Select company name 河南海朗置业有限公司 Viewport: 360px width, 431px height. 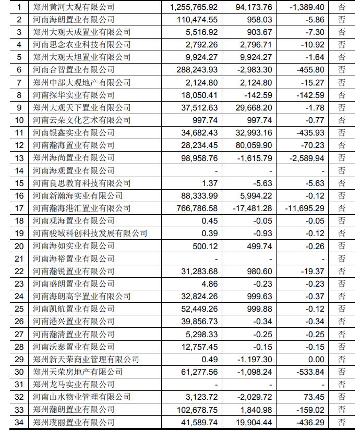pyautogui.click(x=74, y=20)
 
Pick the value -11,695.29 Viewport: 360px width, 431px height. pyautogui.click(x=304, y=208)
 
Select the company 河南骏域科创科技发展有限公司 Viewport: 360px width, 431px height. pyautogui.click(x=90, y=233)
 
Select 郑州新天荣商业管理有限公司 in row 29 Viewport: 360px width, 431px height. pyautogui.click(x=86, y=359)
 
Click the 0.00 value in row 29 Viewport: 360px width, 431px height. pyautogui.click(x=316, y=359)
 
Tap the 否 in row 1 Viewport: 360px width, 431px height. pyautogui.click(x=342, y=7)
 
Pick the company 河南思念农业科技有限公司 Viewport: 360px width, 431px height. pyautogui.click(x=82, y=45)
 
